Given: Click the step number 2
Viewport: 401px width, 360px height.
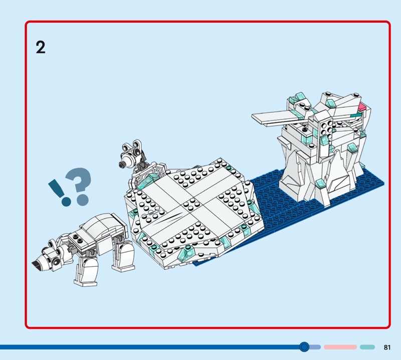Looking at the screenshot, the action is click(x=41, y=47).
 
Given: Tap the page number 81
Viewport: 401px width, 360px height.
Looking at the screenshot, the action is click(x=387, y=347).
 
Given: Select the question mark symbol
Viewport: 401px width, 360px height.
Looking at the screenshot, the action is click(x=79, y=186).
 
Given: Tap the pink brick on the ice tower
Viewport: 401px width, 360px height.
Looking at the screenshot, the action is click(x=362, y=106).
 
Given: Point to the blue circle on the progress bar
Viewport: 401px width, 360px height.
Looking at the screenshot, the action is click(x=304, y=347).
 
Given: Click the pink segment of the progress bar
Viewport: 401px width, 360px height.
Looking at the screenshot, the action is click(x=340, y=347).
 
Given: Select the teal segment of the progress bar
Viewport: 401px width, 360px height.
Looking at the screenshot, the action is click(x=367, y=347).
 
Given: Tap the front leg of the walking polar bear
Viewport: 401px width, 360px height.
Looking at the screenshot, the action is click(x=86, y=268).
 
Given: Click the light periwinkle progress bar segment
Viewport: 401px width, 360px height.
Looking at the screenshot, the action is click(x=315, y=347).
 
